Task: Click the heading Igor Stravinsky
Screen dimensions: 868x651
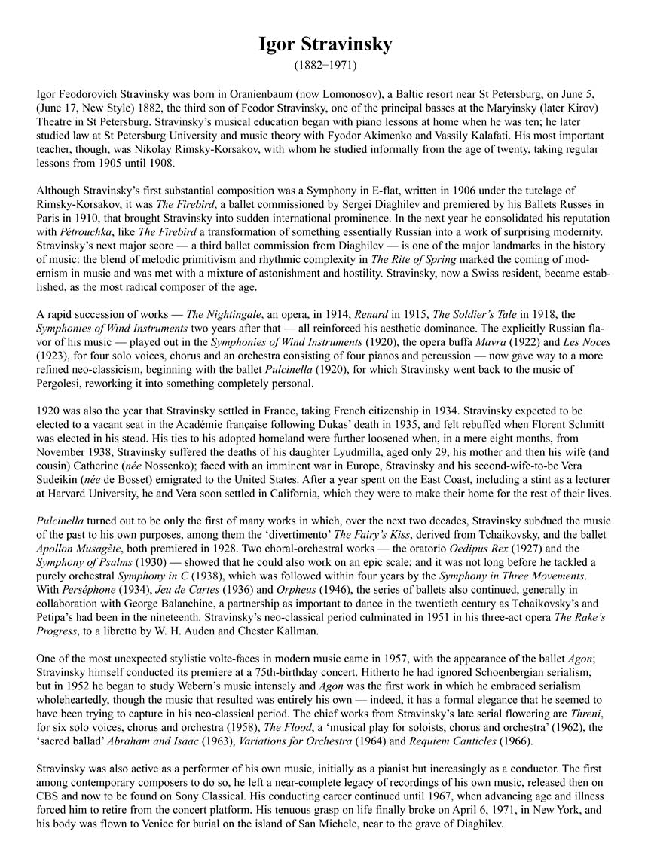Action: [x=325, y=45]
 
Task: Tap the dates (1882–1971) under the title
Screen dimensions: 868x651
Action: [x=325, y=66]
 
